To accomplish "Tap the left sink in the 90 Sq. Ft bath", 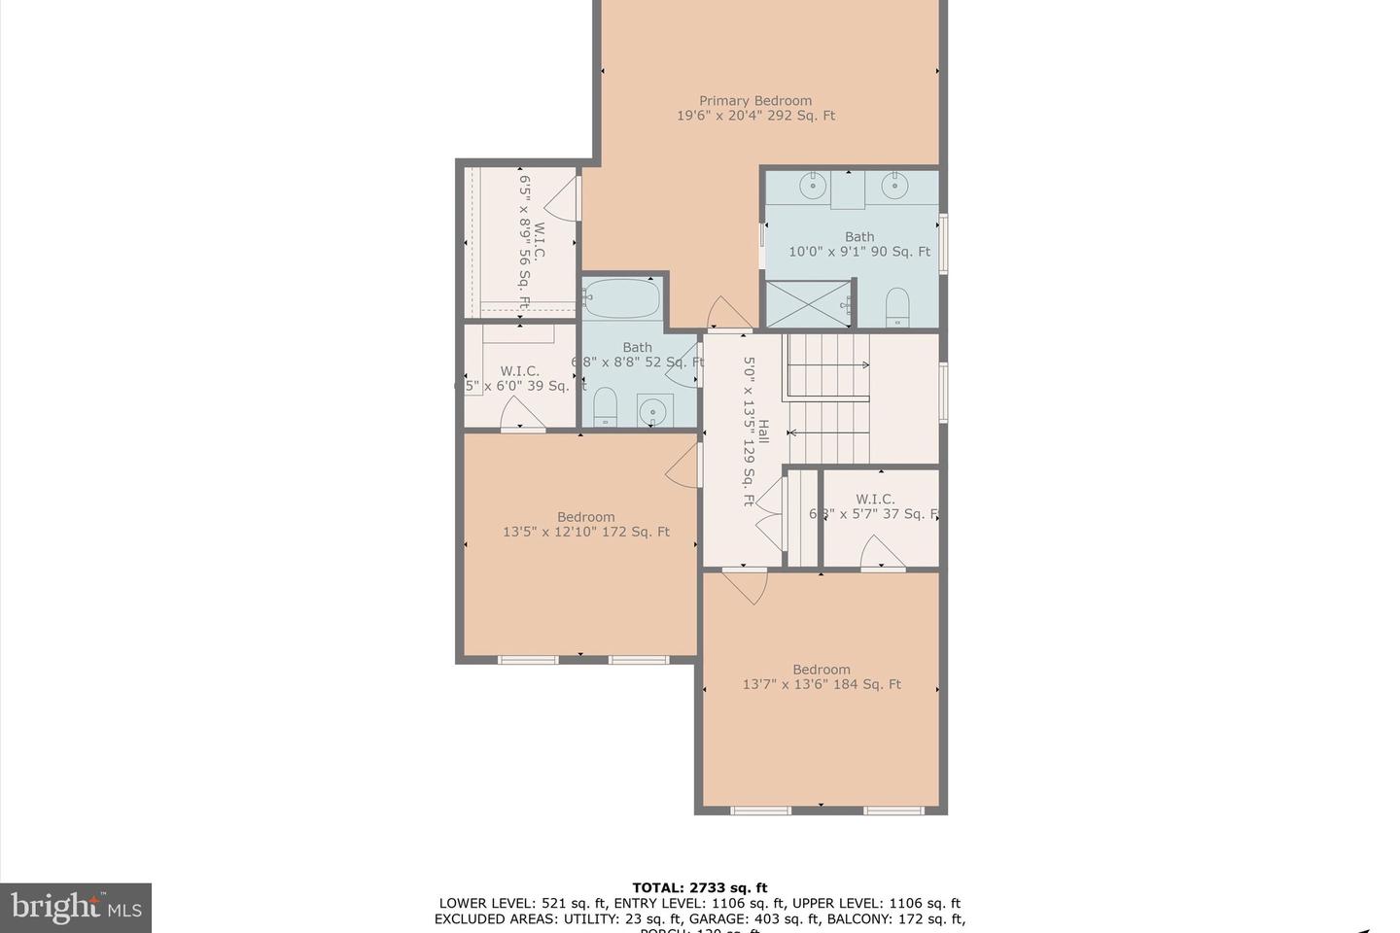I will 813,185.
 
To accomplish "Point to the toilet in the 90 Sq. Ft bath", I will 897,307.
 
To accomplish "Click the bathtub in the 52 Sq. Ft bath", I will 622,299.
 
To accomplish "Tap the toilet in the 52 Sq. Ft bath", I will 605,406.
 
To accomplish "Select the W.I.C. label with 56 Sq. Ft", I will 531,242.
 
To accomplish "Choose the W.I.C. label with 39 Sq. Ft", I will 520,378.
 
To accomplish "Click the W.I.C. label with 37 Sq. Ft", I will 875,506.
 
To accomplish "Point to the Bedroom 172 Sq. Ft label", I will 586,525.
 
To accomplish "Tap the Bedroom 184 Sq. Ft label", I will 822,676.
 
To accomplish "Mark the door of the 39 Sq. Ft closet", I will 521,416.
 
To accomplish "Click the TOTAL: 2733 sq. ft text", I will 699,887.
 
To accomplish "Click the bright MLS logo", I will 75,908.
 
